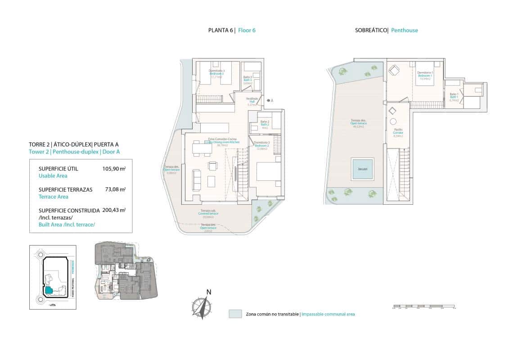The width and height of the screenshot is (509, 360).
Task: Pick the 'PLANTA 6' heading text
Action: (221, 31)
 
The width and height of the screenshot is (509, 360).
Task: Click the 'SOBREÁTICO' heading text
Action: (371, 31)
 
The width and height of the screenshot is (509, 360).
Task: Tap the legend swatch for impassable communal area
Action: (235, 314)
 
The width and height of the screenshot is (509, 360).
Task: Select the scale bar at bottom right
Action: (423, 307)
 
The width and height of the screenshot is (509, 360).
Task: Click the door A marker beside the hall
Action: (269, 100)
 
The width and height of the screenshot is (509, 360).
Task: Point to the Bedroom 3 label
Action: (217, 74)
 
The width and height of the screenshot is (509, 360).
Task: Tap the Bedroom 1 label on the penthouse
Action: (425, 76)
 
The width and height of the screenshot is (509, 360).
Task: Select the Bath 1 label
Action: (454, 97)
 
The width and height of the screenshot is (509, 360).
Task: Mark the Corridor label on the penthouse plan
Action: (398, 133)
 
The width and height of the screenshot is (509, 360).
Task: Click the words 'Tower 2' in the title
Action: (39, 152)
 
